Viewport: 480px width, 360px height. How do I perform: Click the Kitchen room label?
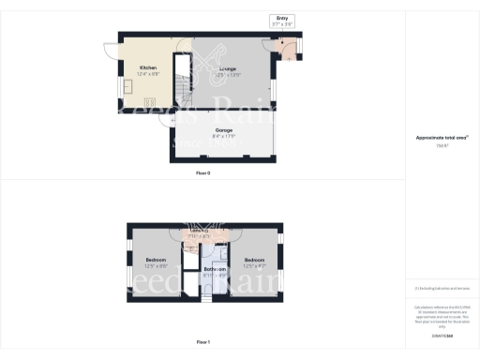click(148, 67)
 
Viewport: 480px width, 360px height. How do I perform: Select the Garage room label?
click(223, 130)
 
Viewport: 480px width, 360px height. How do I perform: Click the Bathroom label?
click(215, 269)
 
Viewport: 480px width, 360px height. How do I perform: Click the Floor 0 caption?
click(203, 173)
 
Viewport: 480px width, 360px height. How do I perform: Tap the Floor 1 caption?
click(203, 343)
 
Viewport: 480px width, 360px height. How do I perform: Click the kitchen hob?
click(150, 99)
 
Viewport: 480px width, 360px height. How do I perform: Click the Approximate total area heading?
click(442, 138)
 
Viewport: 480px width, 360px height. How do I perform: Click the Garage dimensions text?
click(223, 137)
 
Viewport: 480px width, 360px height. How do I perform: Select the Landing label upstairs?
click(199, 231)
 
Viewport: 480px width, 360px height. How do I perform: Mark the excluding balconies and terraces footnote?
click(442, 290)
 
